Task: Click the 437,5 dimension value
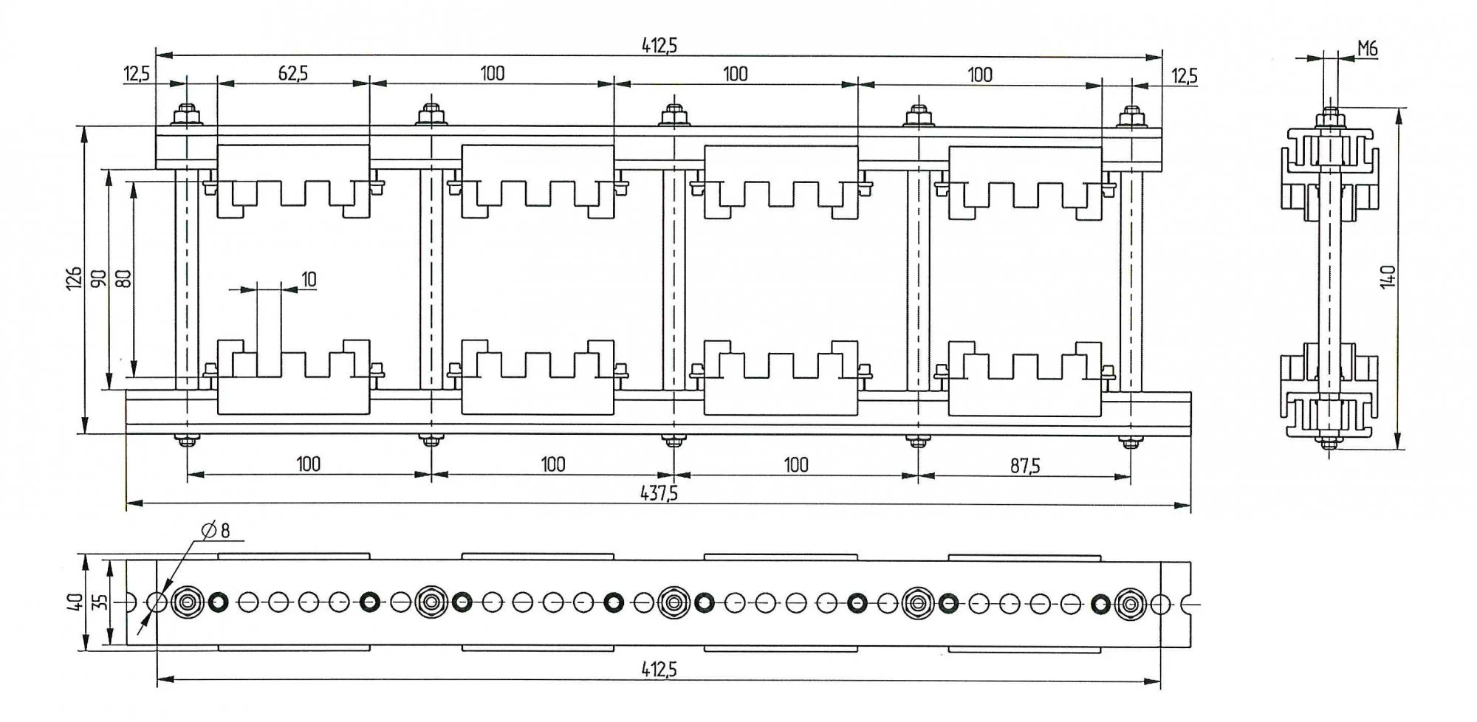(659, 493)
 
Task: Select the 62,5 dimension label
(293, 73)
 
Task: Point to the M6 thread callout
(1368, 49)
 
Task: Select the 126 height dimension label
(74, 278)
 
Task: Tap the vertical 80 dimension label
(123, 278)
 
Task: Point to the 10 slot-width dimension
(309, 279)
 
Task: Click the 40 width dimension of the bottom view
(74, 602)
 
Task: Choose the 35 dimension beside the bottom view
(102, 602)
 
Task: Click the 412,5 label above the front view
(659, 46)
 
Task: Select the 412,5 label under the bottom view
(659, 670)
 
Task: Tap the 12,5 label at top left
(137, 75)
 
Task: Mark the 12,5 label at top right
(1184, 76)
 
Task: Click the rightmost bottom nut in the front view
(1129, 442)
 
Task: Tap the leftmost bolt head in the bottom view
(188, 602)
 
